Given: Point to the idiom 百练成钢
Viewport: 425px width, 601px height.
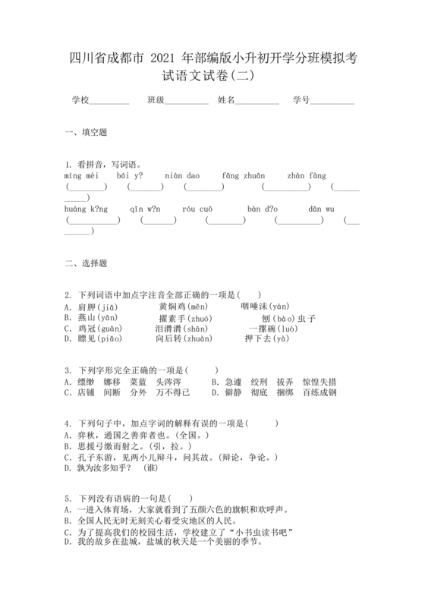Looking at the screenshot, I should pyautogui.click(x=320, y=392).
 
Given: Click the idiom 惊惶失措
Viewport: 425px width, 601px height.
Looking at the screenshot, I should pyautogui.click(x=320, y=382).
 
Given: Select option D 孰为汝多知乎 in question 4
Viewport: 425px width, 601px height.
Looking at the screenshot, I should pyautogui.click(x=106, y=467).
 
